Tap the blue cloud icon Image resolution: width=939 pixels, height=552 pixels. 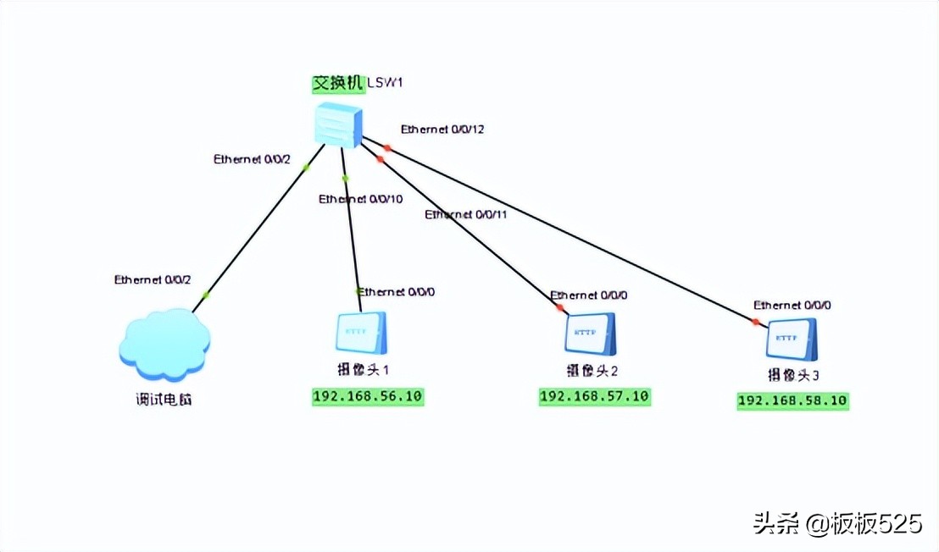coord(164,345)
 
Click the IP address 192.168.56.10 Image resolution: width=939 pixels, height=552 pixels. coord(368,397)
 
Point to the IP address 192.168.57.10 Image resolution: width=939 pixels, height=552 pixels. coord(594,397)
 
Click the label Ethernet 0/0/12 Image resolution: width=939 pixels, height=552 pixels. coord(442,130)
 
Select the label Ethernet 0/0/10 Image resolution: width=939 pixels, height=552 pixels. coord(361,199)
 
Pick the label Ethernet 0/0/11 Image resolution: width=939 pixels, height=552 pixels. coord(466,215)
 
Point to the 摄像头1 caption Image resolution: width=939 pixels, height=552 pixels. coord(362,370)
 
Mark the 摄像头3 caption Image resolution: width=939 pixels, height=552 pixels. coord(793,375)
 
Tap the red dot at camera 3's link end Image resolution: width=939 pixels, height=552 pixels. coord(755,321)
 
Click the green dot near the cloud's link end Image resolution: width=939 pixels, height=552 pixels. coord(206,295)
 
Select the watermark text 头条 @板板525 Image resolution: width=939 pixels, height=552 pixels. coord(837,525)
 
